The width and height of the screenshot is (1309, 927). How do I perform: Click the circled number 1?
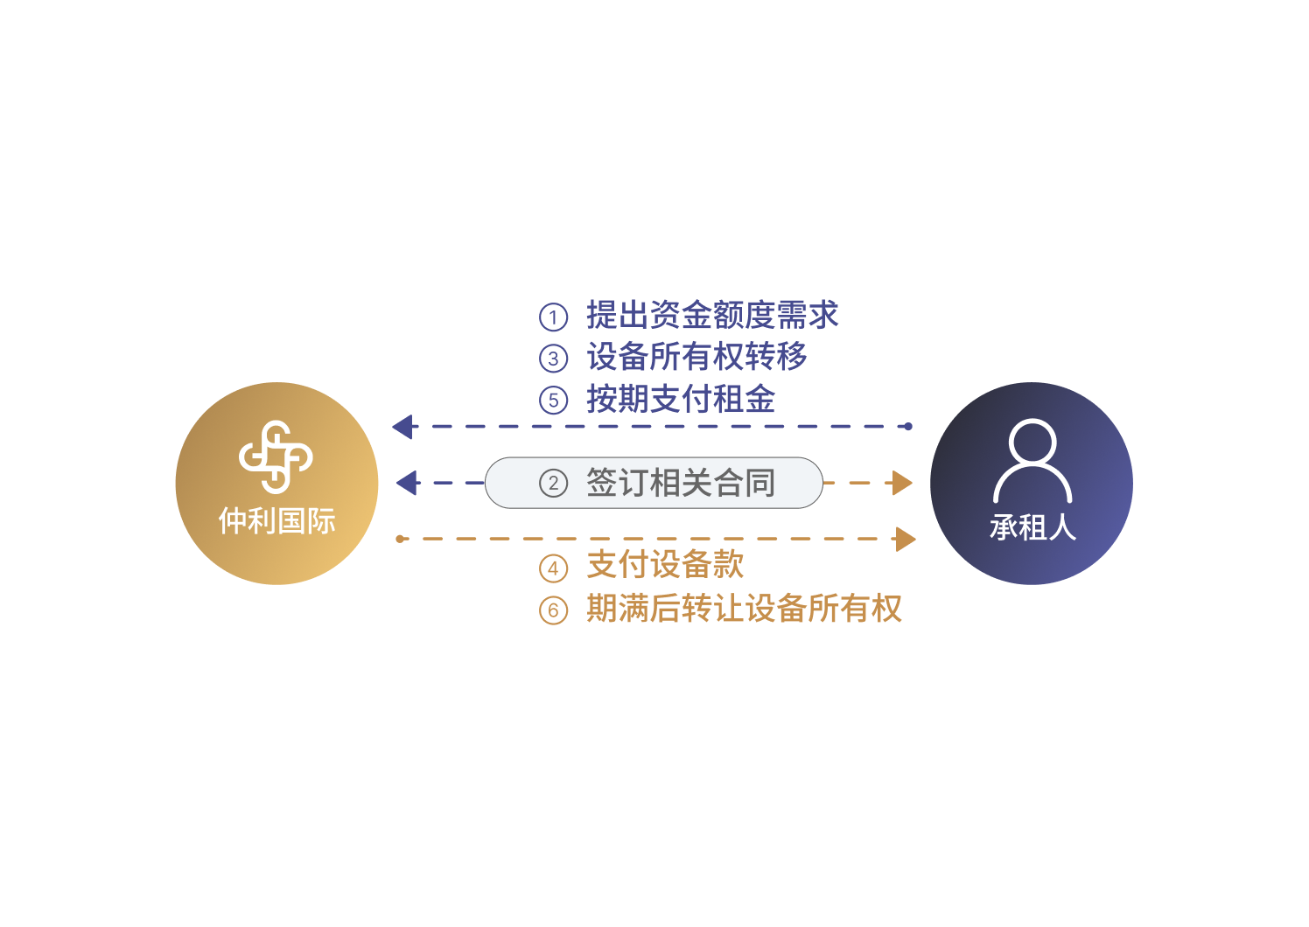(553, 317)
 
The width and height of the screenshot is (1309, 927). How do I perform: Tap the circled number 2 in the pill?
(553, 483)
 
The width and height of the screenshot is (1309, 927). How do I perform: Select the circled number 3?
(553, 358)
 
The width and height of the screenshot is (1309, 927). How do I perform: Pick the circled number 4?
(553, 568)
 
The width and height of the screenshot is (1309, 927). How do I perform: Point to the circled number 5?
(553, 401)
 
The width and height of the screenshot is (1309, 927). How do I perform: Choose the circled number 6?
(553, 610)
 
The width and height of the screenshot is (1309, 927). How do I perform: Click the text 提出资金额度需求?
(712, 315)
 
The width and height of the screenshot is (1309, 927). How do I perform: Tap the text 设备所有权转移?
(696, 356)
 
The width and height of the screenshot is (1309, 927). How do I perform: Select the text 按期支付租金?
(681, 399)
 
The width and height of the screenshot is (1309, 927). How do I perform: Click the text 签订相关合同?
(681, 483)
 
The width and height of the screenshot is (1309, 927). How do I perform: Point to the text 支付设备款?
(665, 565)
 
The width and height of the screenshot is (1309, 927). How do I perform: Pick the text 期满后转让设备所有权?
(744, 608)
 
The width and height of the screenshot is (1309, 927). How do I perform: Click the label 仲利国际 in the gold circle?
(277, 520)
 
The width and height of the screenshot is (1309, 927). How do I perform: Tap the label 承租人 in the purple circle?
(1032, 527)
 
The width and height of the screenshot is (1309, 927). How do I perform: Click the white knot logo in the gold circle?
(276, 457)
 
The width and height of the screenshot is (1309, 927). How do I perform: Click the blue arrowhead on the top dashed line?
(404, 427)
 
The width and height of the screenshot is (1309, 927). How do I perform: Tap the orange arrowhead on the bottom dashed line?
(906, 539)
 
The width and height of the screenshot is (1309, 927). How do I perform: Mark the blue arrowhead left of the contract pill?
(408, 483)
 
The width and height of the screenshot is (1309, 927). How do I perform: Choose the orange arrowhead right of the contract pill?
(902, 483)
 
